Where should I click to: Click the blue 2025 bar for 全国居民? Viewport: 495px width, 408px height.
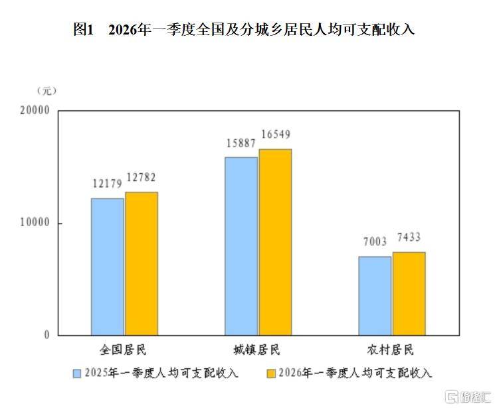[108, 267]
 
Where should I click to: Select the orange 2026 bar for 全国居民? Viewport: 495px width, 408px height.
[142, 263]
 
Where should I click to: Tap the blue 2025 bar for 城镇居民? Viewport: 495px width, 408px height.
[241, 246]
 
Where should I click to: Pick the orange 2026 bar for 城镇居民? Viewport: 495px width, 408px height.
[275, 242]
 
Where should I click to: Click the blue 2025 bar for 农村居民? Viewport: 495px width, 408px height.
[375, 296]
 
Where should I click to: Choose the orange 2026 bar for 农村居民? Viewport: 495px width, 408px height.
[409, 293]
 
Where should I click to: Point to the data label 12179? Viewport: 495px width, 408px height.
[106, 183]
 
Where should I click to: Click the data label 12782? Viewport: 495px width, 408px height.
[141, 177]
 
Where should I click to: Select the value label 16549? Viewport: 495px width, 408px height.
[276, 135]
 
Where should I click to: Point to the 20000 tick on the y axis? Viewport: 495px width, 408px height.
[36, 111]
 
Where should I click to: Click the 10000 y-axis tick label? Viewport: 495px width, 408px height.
[36, 224]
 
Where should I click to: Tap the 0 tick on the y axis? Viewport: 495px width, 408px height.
[47, 336]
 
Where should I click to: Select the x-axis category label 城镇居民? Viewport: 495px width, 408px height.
[256, 350]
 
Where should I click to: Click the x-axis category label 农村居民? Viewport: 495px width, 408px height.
[391, 350]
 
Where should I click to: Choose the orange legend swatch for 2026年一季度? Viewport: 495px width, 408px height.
[270, 374]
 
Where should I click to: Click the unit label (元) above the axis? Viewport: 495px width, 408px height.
[47, 90]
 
